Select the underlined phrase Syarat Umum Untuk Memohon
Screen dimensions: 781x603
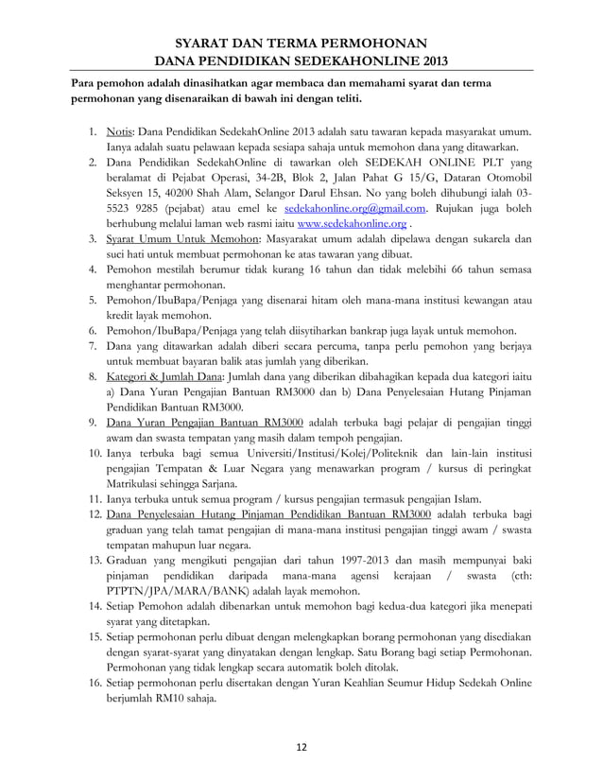178,239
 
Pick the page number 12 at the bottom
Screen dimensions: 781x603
301,747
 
